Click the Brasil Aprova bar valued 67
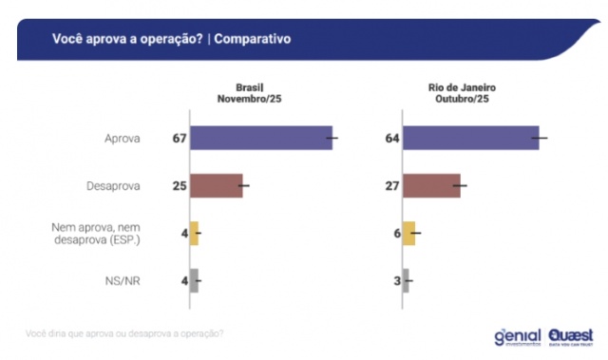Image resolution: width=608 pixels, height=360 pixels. (x=261, y=139)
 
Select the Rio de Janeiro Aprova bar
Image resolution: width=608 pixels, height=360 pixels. (x=471, y=139)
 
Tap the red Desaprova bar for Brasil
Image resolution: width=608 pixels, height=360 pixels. (x=217, y=186)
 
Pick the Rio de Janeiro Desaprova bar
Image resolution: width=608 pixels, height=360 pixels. (x=431, y=186)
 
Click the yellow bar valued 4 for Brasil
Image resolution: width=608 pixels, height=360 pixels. (x=194, y=233)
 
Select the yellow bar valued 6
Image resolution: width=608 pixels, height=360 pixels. (x=409, y=233)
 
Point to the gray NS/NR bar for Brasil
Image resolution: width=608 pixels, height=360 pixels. (x=194, y=279)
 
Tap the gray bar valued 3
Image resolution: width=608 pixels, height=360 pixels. (x=407, y=279)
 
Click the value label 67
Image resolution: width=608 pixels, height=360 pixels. (x=178, y=139)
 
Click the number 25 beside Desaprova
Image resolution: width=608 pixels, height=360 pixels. (x=178, y=186)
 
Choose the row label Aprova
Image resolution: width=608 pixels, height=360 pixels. (x=123, y=139)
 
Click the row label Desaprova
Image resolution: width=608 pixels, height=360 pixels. (x=116, y=186)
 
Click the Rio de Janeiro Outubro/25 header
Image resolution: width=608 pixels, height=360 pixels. (x=462, y=93)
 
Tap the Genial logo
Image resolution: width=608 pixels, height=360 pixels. (x=517, y=337)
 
